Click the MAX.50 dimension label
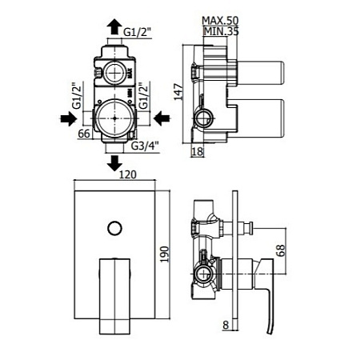220,21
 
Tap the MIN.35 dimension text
221,32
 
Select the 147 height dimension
178,92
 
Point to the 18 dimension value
198,151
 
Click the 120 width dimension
127,174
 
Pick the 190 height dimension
165,254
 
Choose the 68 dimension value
281,250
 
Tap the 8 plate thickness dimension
226,325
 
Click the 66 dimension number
84,134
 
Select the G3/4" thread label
146,146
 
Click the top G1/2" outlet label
137,33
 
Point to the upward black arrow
114,26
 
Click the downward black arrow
114,163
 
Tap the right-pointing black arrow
69,118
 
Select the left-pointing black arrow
162,118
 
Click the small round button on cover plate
115,229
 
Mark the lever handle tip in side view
270,332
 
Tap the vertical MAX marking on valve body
130,74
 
